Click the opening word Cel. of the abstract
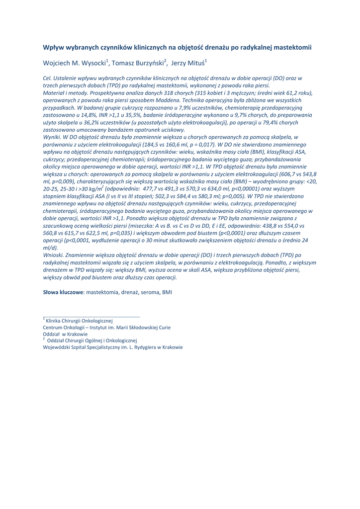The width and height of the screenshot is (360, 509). coord(48,79)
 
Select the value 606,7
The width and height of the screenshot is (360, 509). coord(292,174)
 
